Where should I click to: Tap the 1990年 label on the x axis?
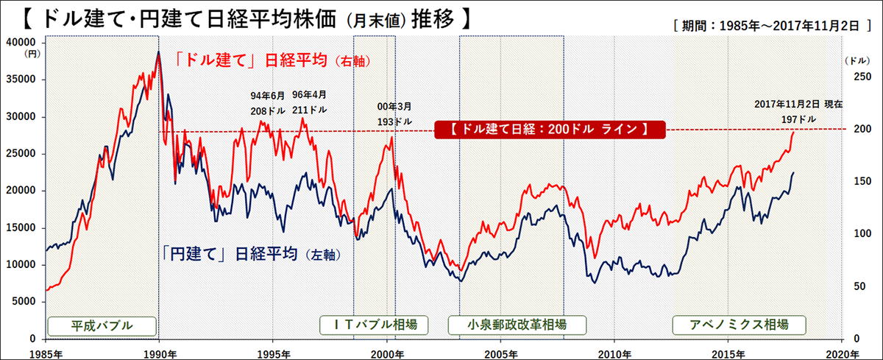[x=160, y=352]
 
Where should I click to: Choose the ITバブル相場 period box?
[x=373, y=325]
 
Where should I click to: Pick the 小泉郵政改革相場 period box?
[x=508, y=325]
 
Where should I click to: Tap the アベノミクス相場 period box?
[x=739, y=325]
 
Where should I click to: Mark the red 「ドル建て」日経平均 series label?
[x=273, y=60]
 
